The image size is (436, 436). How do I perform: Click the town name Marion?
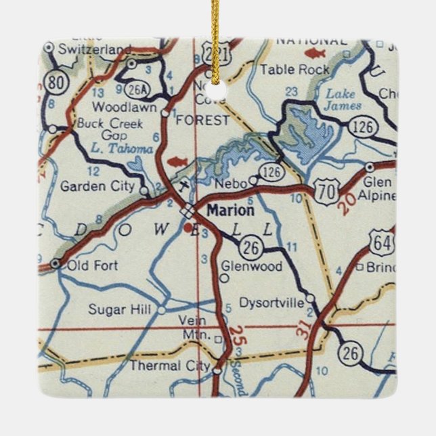(x=231, y=211)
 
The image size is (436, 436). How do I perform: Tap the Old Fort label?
(x=92, y=266)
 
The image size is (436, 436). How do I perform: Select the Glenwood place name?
(x=252, y=267)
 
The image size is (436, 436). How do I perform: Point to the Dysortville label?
(x=272, y=304)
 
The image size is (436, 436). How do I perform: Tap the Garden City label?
(x=97, y=186)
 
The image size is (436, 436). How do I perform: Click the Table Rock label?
(x=295, y=69)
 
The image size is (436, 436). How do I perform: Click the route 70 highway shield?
(x=327, y=191)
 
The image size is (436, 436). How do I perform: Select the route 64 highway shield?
(x=380, y=241)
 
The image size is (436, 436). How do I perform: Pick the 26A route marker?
(x=135, y=88)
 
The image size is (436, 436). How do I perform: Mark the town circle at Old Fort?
(x=56, y=263)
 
